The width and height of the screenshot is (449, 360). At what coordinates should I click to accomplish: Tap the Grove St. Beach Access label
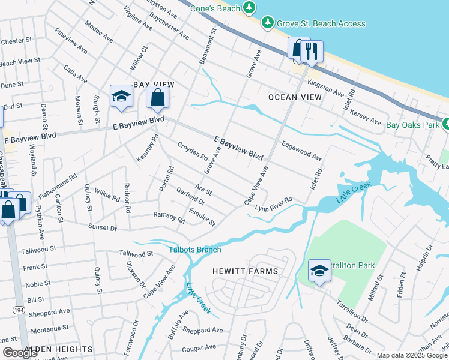(321, 23)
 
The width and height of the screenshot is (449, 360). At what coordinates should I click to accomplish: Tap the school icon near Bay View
(121, 97)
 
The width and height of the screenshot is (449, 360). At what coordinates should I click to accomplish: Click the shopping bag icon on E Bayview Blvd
(157, 98)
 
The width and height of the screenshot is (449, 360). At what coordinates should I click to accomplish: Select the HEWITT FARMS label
(246, 271)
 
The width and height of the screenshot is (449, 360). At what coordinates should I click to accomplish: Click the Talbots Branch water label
(194, 250)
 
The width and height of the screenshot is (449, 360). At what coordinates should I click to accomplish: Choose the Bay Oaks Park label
(413, 125)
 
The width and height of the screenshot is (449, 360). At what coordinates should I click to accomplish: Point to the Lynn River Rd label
(273, 203)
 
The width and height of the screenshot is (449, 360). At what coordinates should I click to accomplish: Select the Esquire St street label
(202, 217)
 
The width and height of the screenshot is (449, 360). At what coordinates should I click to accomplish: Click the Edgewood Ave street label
(303, 151)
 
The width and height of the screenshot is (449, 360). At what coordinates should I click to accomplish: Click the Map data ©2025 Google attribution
(412, 355)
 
